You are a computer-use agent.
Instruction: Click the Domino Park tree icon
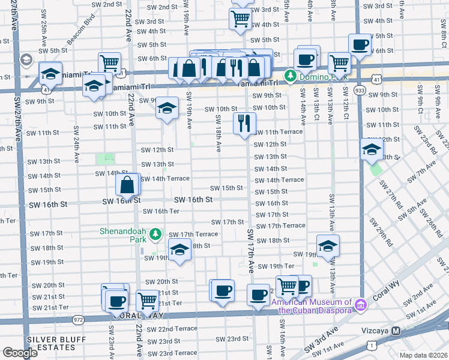pos(291,76)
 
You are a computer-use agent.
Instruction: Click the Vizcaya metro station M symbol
pos(396,331)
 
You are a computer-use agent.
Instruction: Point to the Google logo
pos(20,353)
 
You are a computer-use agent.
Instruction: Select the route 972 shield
pos(78,321)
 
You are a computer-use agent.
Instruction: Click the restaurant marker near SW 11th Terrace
pos(244,124)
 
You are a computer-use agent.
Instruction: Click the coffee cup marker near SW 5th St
pos(360,44)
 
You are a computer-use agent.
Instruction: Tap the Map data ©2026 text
pos(423,355)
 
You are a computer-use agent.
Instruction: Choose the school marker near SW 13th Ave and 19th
pos(328,246)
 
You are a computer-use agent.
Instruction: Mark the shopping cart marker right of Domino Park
pos(339,62)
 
